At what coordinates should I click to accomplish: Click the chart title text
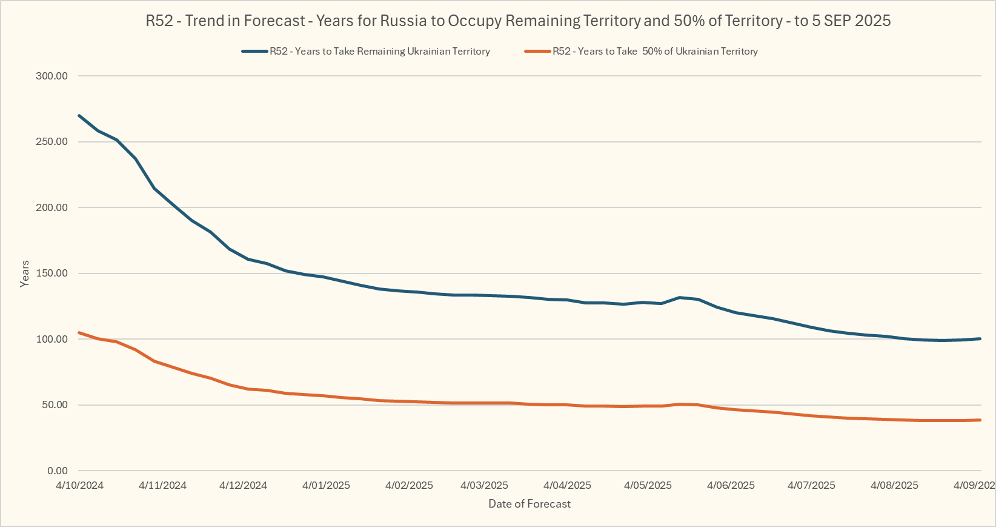[x=518, y=21]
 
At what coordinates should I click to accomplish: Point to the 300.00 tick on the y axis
[x=51, y=76]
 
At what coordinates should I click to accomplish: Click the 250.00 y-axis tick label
[x=51, y=141]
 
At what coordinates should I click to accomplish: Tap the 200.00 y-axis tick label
[x=51, y=207]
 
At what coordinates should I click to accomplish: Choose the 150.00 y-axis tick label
[x=51, y=273]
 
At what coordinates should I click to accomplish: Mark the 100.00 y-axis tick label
[x=51, y=339]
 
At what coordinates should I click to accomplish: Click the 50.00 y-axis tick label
[x=54, y=404]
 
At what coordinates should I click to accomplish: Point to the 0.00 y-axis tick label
[x=57, y=471]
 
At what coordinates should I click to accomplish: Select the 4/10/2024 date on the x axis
[x=79, y=485]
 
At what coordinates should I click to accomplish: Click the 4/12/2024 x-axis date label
[x=243, y=485]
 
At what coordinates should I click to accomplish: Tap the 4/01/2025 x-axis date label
[x=326, y=485]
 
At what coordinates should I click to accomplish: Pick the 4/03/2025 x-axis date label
[x=484, y=485]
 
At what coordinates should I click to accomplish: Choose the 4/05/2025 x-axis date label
[x=648, y=485]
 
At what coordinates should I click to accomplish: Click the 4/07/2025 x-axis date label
[x=811, y=485]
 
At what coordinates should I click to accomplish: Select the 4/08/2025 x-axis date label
[x=894, y=485]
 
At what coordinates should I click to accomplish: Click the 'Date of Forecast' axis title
[x=530, y=504]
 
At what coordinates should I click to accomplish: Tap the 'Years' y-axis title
[x=25, y=274]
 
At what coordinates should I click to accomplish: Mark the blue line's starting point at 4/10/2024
[x=79, y=115]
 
